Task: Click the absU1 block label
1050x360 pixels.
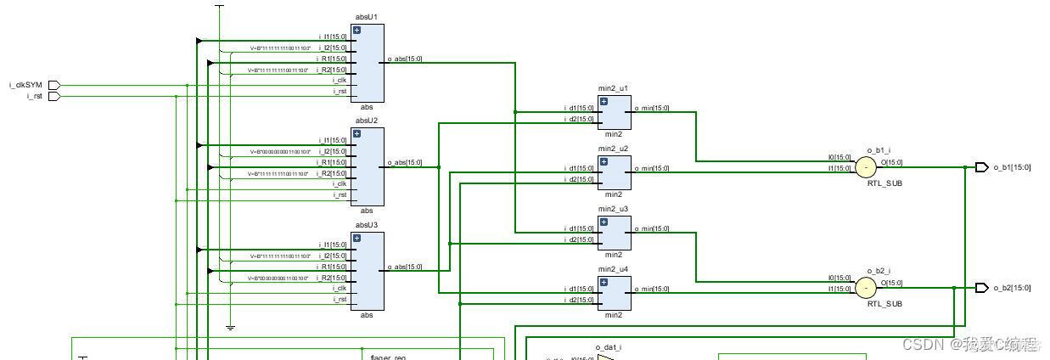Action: click(367, 17)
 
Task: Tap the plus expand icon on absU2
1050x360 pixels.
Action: click(357, 134)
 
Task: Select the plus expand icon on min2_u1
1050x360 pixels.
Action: click(604, 101)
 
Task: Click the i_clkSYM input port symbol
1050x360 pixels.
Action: click(54, 85)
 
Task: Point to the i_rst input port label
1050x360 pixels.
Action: click(34, 96)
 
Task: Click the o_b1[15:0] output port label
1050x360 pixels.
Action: click(1012, 167)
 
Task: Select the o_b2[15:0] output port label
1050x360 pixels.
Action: click(1012, 288)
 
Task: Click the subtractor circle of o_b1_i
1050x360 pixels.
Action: click(865, 167)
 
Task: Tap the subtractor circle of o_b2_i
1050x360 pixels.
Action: click(865, 288)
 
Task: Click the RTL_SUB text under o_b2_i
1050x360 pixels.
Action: click(884, 303)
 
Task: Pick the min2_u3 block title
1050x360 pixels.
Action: click(613, 209)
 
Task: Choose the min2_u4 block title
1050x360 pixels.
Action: click(613, 269)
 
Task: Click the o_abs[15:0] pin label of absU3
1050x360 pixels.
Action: click(405, 267)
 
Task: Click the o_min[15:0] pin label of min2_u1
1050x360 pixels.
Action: click(652, 108)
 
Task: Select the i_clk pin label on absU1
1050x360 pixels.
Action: click(339, 81)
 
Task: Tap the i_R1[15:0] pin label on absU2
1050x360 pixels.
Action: click(332, 162)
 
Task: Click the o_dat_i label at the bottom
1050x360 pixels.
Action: click(609, 347)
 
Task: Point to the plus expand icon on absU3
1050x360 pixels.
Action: click(357, 239)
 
